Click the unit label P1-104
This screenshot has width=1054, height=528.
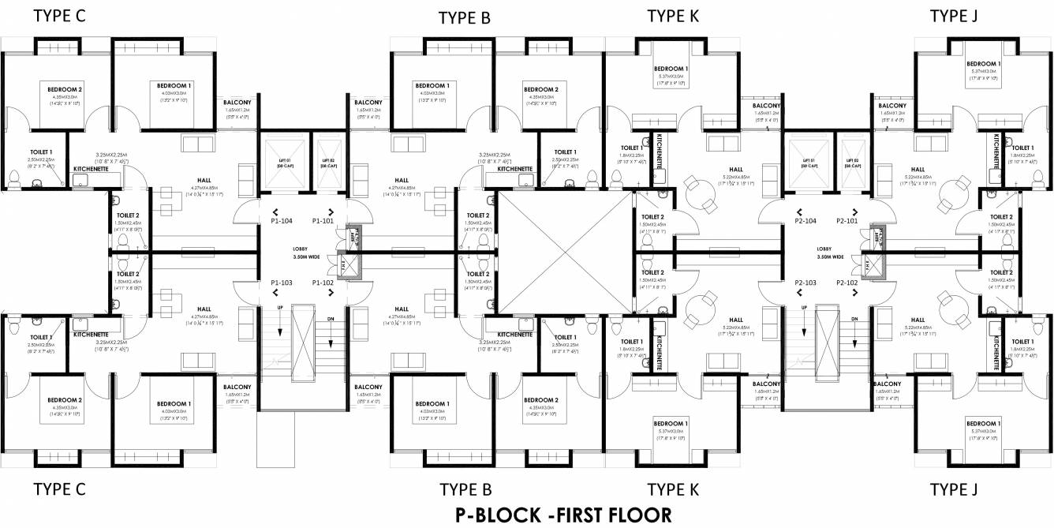coord(282,222)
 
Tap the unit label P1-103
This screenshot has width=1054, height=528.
coord(282,282)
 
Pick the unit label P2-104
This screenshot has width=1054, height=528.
coord(805,222)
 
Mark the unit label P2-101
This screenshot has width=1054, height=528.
coord(847,222)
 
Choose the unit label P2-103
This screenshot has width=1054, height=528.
coord(805,282)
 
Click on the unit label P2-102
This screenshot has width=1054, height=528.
coord(847,282)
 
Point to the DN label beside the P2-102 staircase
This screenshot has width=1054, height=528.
coord(854,318)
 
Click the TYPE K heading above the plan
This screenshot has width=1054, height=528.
coord(673,16)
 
